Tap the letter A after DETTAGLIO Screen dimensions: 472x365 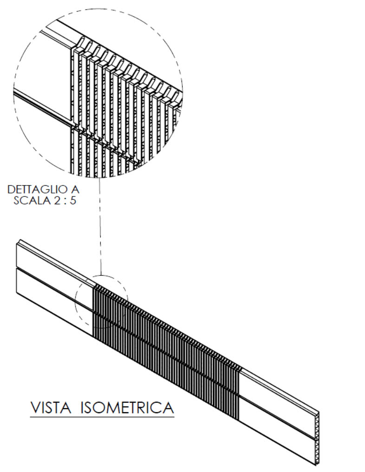pos(75,190)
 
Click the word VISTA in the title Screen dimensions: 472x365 pos(52,408)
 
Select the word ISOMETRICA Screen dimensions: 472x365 pos(127,408)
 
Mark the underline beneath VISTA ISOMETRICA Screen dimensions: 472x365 pos(102,417)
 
